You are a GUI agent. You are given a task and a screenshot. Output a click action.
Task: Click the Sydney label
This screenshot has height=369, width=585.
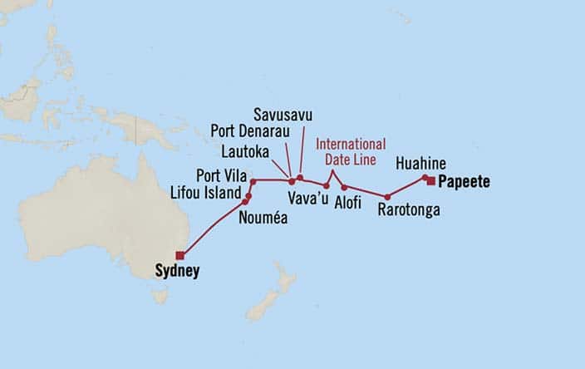click(x=177, y=271)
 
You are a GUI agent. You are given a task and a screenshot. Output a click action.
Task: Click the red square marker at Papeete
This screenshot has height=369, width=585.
click(x=430, y=181)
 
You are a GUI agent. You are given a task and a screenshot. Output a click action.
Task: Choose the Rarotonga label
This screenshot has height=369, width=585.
click(x=408, y=211)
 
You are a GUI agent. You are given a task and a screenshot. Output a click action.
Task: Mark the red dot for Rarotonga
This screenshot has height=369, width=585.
click(x=387, y=197)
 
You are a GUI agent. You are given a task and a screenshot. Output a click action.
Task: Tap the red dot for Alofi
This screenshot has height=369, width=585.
click(x=344, y=187)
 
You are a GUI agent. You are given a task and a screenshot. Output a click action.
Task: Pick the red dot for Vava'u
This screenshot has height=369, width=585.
click(x=326, y=185)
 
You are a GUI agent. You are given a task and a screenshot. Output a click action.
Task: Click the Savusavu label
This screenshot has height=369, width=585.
click(x=284, y=114)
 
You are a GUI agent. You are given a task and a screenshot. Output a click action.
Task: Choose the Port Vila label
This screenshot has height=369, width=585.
click(x=219, y=175)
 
